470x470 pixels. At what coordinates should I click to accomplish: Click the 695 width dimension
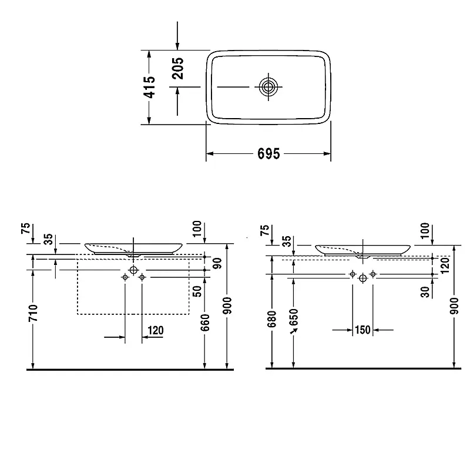[x=268, y=154]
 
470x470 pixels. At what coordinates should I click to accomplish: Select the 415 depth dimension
[x=150, y=87]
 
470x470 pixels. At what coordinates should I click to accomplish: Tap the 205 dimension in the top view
[x=178, y=68]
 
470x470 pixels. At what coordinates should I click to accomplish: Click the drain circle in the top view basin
[x=268, y=87]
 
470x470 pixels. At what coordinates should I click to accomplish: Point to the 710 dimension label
[x=33, y=313]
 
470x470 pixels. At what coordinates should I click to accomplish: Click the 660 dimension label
[x=205, y=323]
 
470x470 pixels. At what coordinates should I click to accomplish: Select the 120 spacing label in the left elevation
[x=156, y=330]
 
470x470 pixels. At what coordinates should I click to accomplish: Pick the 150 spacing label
[x=362, y=330]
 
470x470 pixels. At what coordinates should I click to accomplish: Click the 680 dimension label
[x=271, y=319]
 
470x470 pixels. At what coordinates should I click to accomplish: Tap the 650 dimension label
[x=294, y=317]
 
